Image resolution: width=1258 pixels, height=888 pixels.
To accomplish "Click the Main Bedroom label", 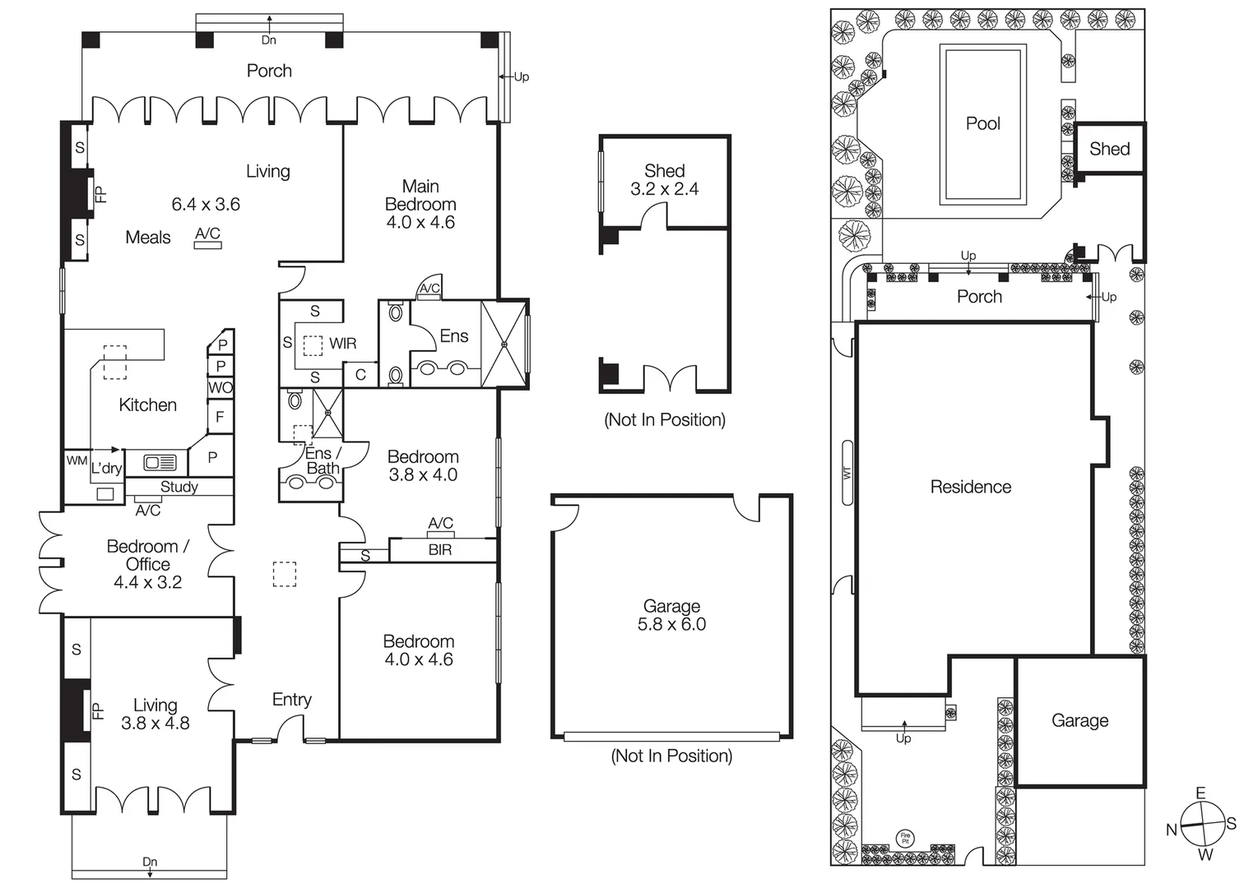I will coord(420,196).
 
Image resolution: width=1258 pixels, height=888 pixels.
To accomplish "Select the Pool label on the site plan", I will coord(982,123).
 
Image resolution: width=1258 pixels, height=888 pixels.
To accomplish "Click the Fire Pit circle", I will coord(905,839).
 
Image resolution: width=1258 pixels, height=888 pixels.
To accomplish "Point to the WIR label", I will coord(342,343).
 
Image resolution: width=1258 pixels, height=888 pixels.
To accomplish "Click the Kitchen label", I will coord(147,405).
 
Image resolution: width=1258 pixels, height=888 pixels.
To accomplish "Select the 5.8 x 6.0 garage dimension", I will coord(671,625).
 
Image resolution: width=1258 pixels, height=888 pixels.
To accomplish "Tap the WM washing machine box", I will coord(77,461).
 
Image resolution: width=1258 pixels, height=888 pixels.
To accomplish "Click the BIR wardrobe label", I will coord(440,550).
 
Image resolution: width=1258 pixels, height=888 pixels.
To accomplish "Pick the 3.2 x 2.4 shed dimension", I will coord(664,189).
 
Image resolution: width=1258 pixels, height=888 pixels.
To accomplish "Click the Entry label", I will coord(291,700).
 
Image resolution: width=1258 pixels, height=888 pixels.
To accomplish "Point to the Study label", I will coord(179,487).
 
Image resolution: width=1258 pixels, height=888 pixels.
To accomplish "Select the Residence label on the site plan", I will coord(970,487).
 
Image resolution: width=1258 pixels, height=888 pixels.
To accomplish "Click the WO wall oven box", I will coord(220,387).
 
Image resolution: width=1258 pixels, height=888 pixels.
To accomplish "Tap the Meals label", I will coord(148,238).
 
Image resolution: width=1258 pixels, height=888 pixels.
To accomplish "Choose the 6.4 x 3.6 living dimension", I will coord(206,205).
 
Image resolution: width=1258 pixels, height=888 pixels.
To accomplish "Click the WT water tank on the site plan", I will coord(847,473).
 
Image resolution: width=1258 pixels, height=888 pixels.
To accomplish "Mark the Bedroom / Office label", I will coord(147,555).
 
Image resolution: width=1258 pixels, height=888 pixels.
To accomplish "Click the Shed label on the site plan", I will coord(1109,149).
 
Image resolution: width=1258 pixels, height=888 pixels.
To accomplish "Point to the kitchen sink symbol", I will coord(160,463).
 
